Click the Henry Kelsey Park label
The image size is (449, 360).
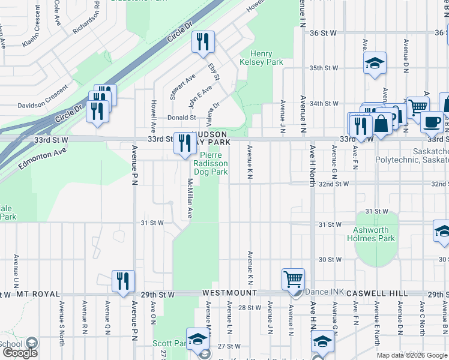pyautogui.click(x=261, y=58)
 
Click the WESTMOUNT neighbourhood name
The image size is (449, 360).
pyautogui.click(x=229, y=293)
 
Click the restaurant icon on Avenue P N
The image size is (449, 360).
pyautogui.click(x=123, y=280)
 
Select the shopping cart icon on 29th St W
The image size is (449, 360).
pyautogui.click(x=293, y=278)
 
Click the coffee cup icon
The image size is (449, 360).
pyautogui.click(x=432, y=122)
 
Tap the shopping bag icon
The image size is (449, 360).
pyautogui.click(x=381, y=124)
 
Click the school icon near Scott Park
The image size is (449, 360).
pyautogui.click(x=197, y=339)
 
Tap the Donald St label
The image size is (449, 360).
pyautogui.click(x=181, y=118)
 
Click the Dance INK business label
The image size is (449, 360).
pyautogui.click(x=325, y=292)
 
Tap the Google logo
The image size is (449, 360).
pyautogui.click(x=20, y=352)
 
